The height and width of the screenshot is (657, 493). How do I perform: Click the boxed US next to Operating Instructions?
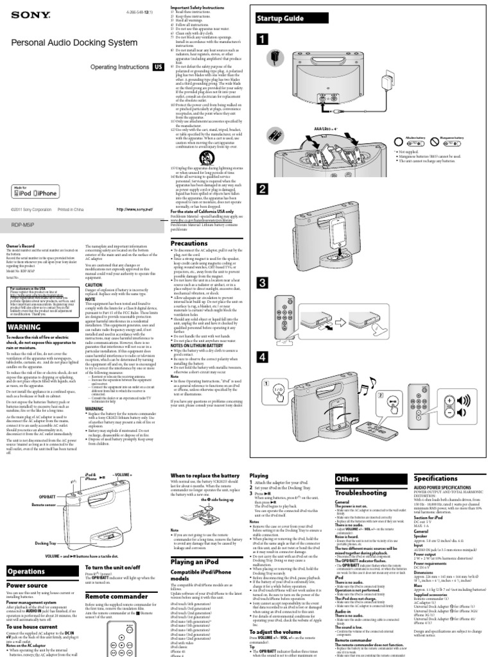click(157, 66)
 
